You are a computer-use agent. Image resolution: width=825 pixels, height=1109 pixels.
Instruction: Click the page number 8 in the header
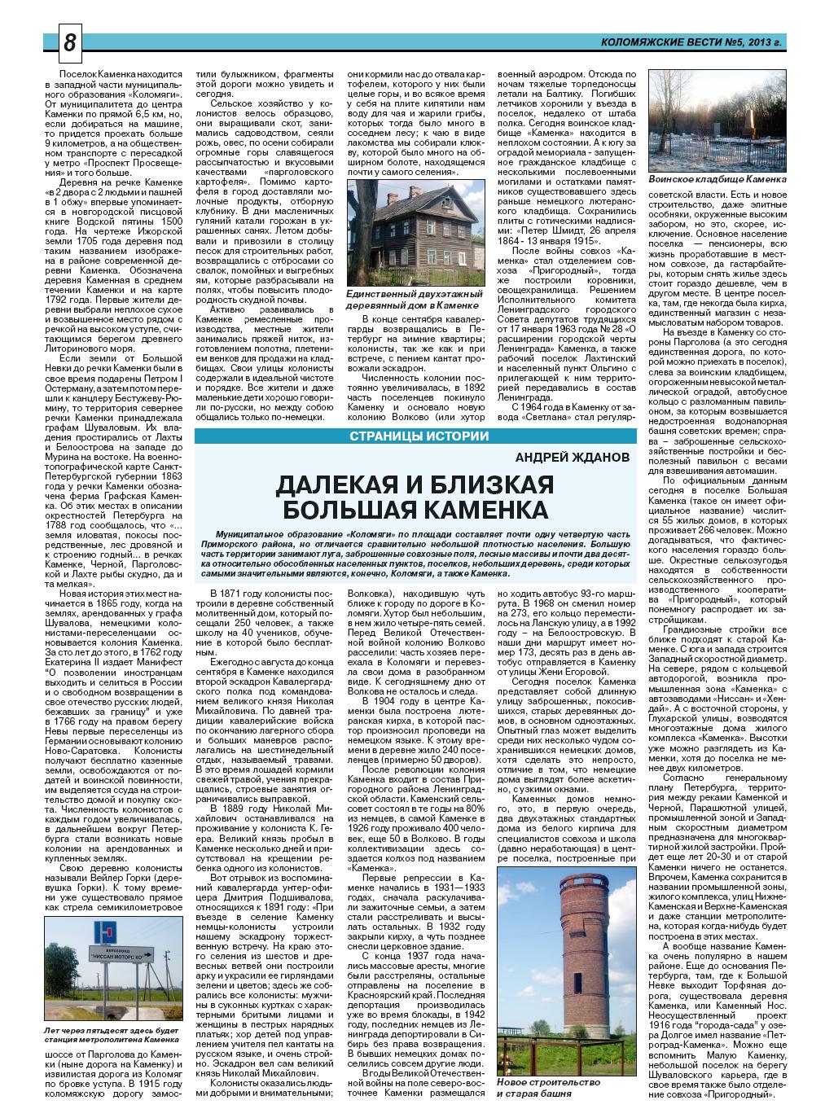pyautogui.click(x=69, y=43)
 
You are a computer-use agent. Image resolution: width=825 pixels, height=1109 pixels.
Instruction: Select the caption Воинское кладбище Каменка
pyautogui.click(x=717, y=178)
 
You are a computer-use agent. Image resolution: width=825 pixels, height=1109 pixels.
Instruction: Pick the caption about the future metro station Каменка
pyautogui.click(x=112, y=1035)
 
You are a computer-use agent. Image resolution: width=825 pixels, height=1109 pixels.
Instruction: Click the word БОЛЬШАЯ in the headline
pyautogui.click(x=341, y=511)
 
